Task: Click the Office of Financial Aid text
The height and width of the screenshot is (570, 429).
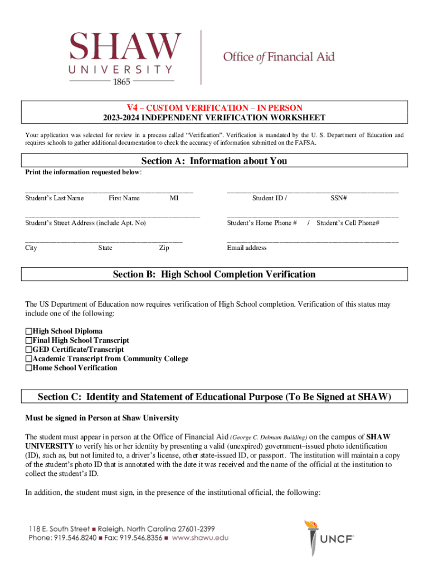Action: click(x=279, y=57)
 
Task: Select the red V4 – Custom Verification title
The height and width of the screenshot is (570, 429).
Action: click(x=214, y=107)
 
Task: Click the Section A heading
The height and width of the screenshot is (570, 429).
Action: click(x=214, y=161)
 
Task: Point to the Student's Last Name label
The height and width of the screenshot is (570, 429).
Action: click(x=55, y=198)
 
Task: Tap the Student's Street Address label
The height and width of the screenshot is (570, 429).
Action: click(x=85, y=223)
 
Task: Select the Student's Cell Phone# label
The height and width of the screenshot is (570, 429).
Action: click(x=348, y=223)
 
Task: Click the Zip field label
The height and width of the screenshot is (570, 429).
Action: click(x=164, y=248)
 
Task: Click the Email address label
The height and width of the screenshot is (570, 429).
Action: click(x=247, y=248)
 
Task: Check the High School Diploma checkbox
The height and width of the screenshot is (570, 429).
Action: click(x=29, y=331)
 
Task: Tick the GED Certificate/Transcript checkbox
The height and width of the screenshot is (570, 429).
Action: click(x=29, y=350)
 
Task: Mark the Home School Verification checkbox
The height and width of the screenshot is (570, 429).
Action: click(x=29, y=368)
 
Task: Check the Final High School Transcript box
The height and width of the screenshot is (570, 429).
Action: click(x=29, y=340)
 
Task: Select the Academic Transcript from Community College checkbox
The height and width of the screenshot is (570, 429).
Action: click(x=29, y=359)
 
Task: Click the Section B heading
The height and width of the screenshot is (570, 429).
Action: click(x=214, y=274)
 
